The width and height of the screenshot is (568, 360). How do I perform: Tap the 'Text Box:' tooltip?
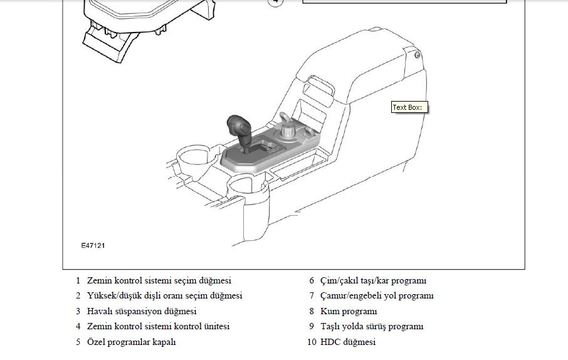(x=409, y=107)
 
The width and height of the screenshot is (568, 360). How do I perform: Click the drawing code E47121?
(x=93, y=245)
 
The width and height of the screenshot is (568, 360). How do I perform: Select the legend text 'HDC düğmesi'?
(x=348, y=342)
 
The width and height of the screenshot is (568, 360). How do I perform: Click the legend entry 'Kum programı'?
(x=349, y=312)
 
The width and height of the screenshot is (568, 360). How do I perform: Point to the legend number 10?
(x=312, y=342)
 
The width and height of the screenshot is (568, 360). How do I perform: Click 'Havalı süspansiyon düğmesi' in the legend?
(x=142, y=312)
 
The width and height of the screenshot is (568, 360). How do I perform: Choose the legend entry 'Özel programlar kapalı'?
(x=131, y=342)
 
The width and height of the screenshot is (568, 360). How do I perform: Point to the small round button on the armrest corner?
(x=418, y=55)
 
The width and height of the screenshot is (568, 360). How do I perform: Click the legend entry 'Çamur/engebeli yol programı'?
(x=377, y=296)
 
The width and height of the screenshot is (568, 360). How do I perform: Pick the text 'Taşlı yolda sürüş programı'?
(x=372, y=326)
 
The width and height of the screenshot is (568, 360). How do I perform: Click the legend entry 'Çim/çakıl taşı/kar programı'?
(x=373, y=280)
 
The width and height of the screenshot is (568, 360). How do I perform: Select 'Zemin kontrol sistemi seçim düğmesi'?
(x=159, y=280)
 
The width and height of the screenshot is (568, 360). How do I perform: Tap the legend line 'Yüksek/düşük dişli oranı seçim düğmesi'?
(x=164, y=296)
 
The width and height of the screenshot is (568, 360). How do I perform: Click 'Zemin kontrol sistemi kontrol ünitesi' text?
(x=159, y=326)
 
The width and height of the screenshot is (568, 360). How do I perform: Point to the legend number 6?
(x=312, y=280)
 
